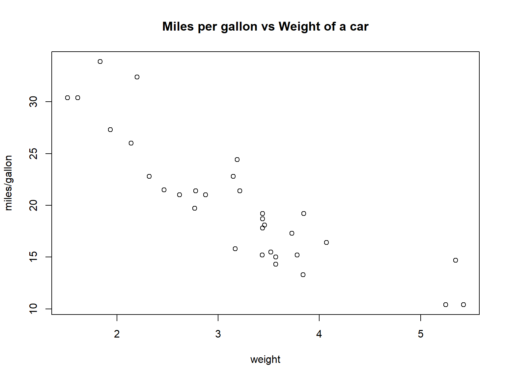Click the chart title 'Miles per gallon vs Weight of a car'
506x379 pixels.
point(265,27)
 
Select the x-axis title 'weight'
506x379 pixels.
point(265,359)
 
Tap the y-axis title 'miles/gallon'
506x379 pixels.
point(9,183)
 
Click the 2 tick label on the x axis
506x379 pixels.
point(117,334)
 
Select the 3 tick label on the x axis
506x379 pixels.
point(218,334)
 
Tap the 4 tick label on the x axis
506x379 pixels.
point(319,334)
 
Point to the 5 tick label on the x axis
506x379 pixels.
point(421,334)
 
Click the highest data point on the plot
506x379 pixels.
point(100,62)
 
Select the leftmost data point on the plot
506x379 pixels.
point(68,98)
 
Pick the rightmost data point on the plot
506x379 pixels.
point(464,305)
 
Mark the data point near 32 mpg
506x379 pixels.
point(137,77)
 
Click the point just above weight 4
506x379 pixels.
point(326,242)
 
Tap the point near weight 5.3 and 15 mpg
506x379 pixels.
point(456,260)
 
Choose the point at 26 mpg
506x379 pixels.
point(131,143)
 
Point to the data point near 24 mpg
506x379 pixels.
point(237,160)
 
